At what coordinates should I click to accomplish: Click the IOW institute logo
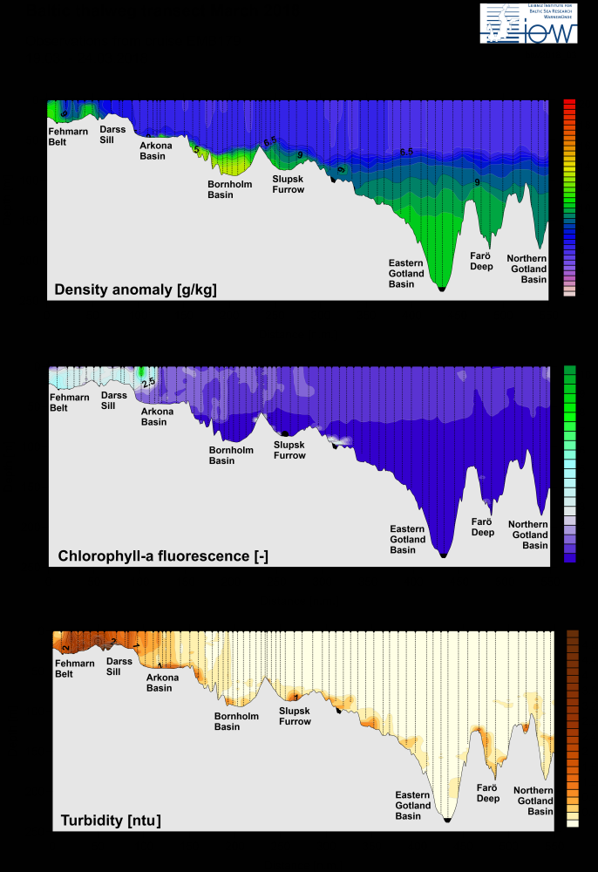(x=528, y=24)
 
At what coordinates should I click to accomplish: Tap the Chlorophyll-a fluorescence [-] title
(x=162, y=555)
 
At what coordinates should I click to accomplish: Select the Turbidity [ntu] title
(x=111, y=820)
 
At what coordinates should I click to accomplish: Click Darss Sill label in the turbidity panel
(x=119, y=666)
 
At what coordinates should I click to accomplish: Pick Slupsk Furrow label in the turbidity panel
(x=295, y=716)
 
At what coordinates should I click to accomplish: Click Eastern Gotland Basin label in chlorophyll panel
(x=408, y=539)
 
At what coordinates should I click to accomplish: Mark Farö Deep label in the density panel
(x=481, y=261)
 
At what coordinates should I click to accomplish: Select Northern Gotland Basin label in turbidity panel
(x=533, y=800)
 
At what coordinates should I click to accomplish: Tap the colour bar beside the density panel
(x=569, y=198)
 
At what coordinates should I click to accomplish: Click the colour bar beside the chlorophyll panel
(x=570, y=463)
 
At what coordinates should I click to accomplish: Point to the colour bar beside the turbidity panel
(x=573, y=728)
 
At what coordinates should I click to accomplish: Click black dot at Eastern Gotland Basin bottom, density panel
(x=441, y=288)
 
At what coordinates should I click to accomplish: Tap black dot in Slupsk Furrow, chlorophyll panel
(x=285, y=433)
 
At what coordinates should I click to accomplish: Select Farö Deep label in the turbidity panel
(x=488, y=793)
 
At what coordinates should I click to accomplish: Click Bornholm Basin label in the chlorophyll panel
(x=231, y=455)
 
